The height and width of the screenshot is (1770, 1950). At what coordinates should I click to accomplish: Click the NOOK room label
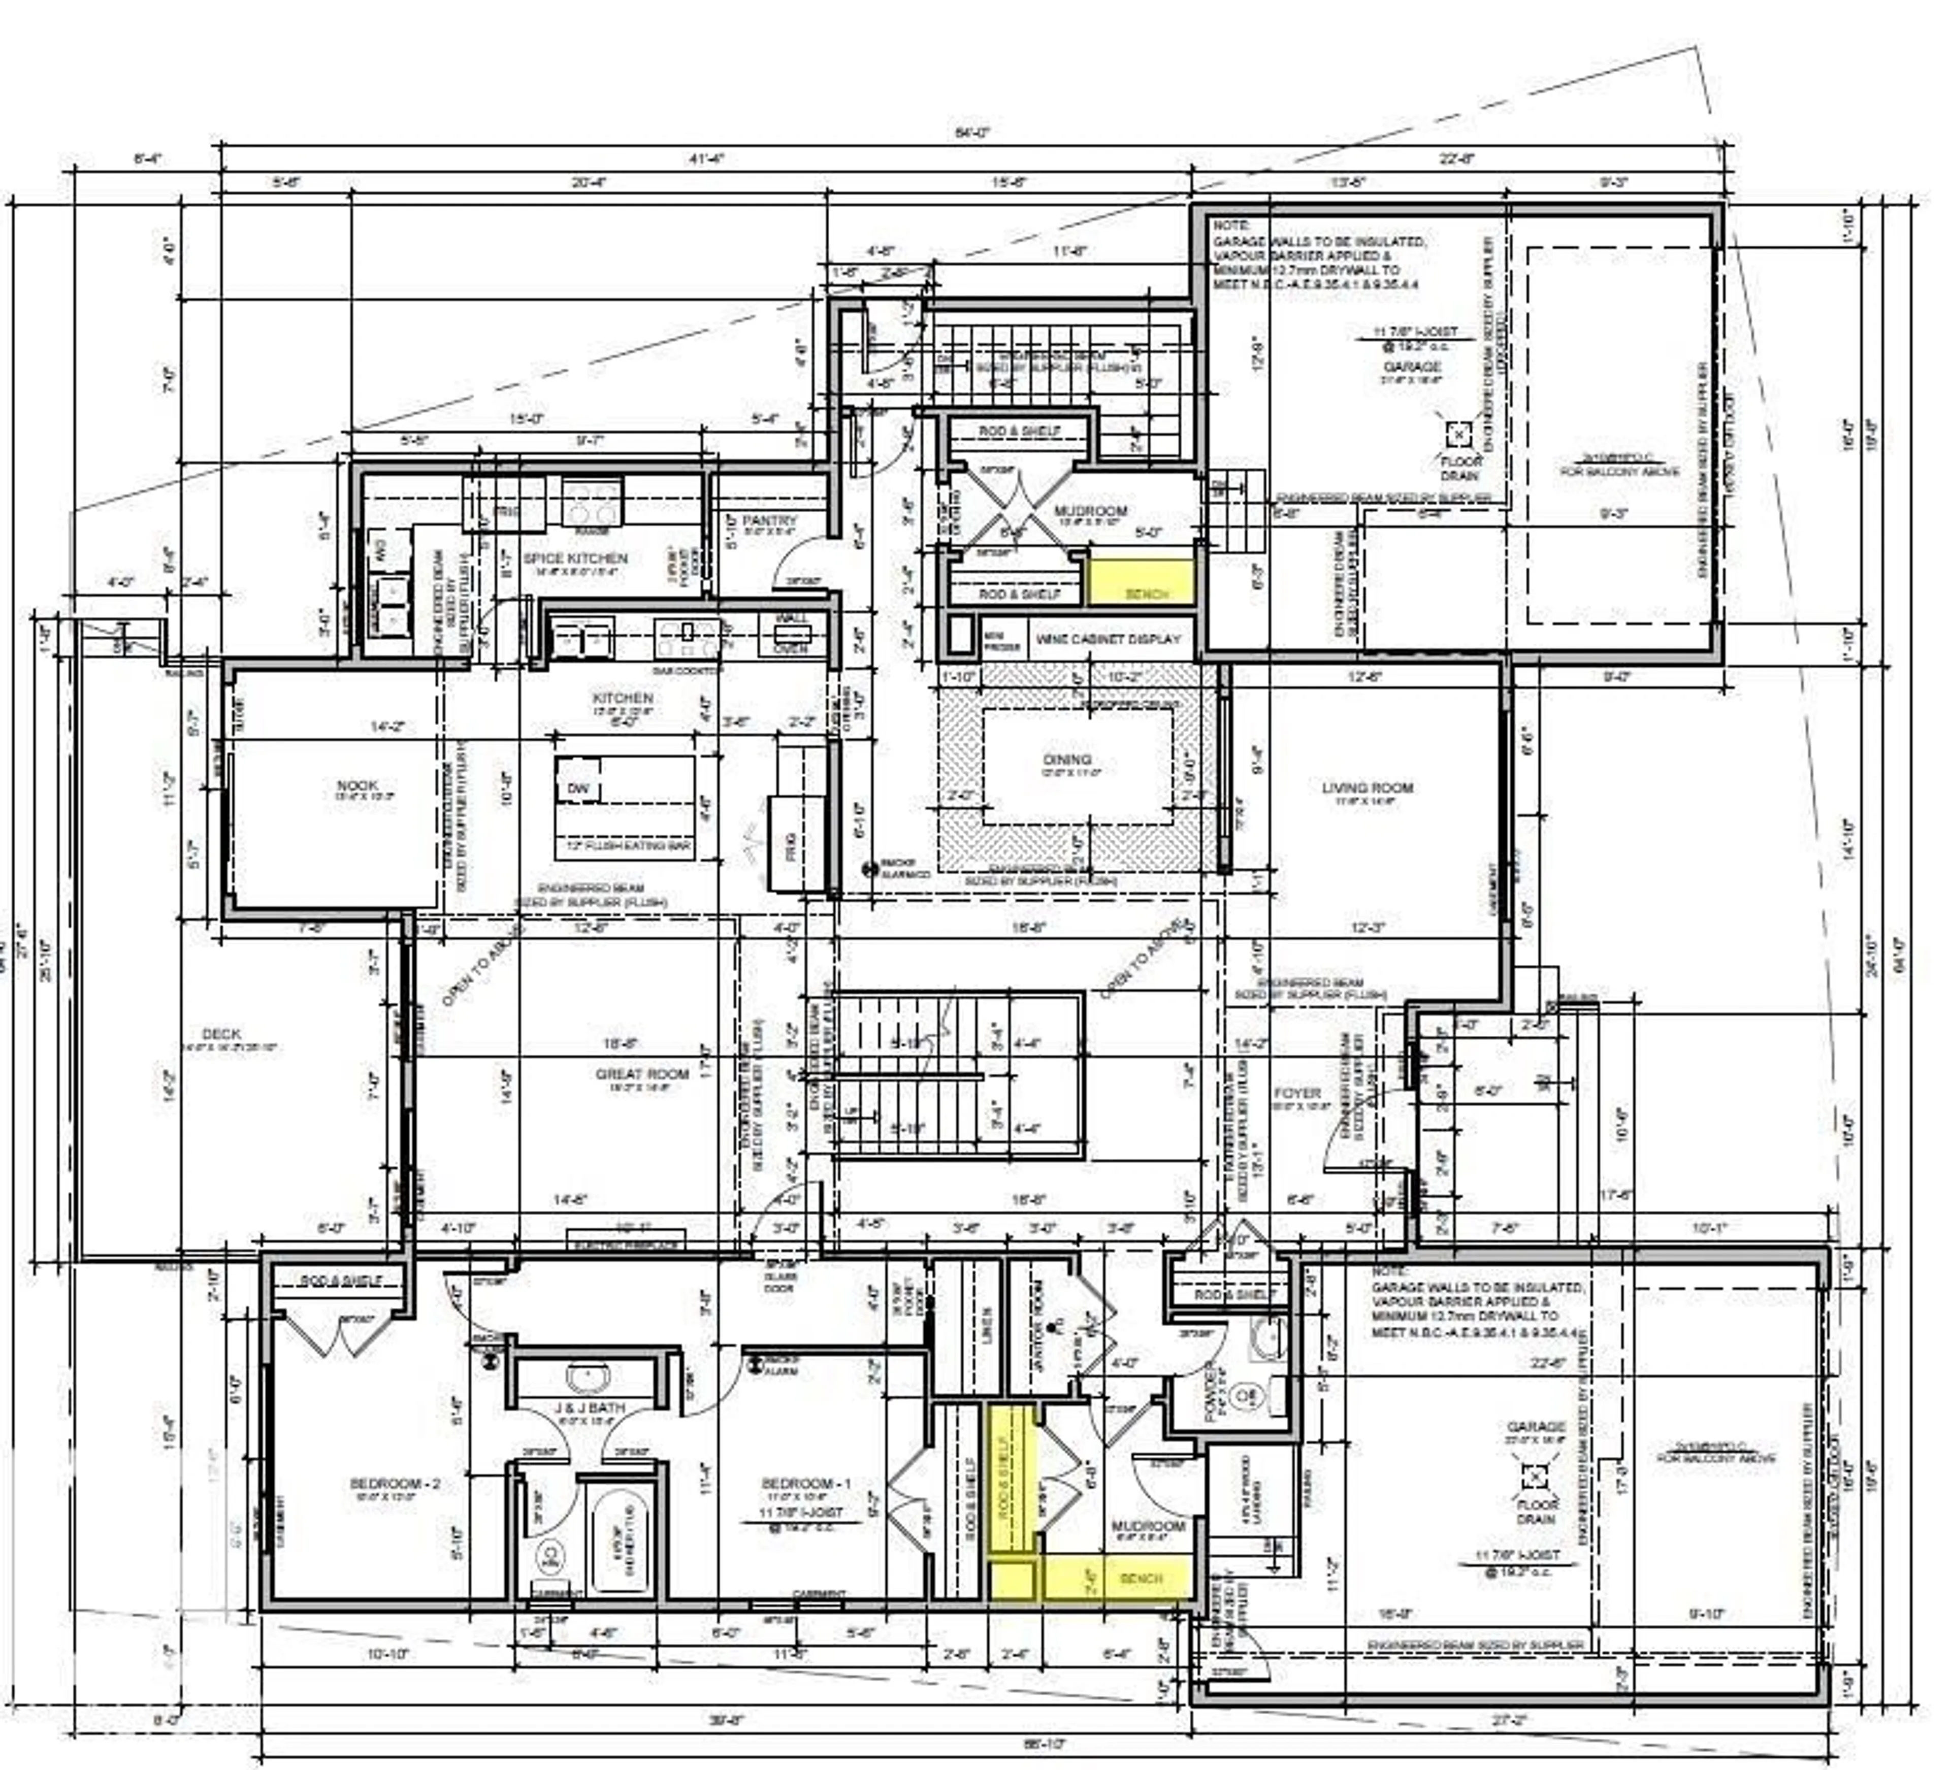(x=357, y=785)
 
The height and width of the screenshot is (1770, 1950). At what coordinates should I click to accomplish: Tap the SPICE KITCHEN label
(x=575, y=558)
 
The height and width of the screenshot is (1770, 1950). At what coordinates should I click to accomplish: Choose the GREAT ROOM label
(x=642, y=1073)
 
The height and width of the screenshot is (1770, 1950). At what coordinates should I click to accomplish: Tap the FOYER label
(x=1297, y=1093)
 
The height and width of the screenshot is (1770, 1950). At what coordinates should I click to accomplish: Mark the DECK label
(x=221, y=1034)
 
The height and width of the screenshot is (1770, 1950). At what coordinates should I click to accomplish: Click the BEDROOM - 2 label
(x=395, y=1483)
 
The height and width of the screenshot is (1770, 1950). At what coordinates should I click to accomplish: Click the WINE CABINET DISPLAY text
(x=1109, y=639)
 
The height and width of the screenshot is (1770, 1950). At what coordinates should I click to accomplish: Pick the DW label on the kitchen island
(x=577, y=789)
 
